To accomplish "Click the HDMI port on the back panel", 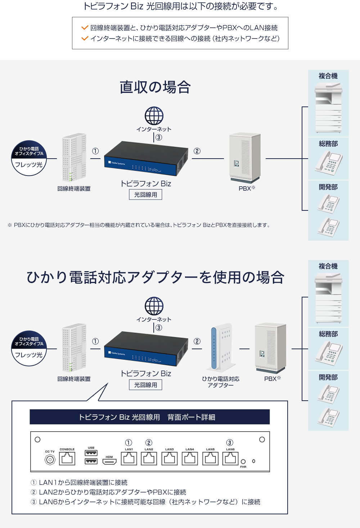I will [x=109, y=461].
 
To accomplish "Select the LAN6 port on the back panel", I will [x=230, y=458].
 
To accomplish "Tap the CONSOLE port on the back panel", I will [x=67, y=458].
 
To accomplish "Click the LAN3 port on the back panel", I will [x=170, y=458].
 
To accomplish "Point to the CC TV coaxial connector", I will [x=50, y=460].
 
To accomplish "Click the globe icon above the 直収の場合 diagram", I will [x=154, y=116].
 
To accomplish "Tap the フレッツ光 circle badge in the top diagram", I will [x=29, y=158].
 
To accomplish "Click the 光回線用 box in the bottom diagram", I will [x=145, y=385].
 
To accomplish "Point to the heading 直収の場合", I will [x=155, y=87].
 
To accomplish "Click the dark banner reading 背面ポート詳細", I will [x=149, y=417].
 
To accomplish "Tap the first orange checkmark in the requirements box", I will [x=85, y=28].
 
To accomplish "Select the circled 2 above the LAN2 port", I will [x=149, y=442].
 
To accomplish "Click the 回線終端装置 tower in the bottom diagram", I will [x=74, y=347].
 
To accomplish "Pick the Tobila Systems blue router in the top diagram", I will [x=146, y=158].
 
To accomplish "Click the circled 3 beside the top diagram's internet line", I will [x=159, y=137].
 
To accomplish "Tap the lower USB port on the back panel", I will [x=91, y=461].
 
